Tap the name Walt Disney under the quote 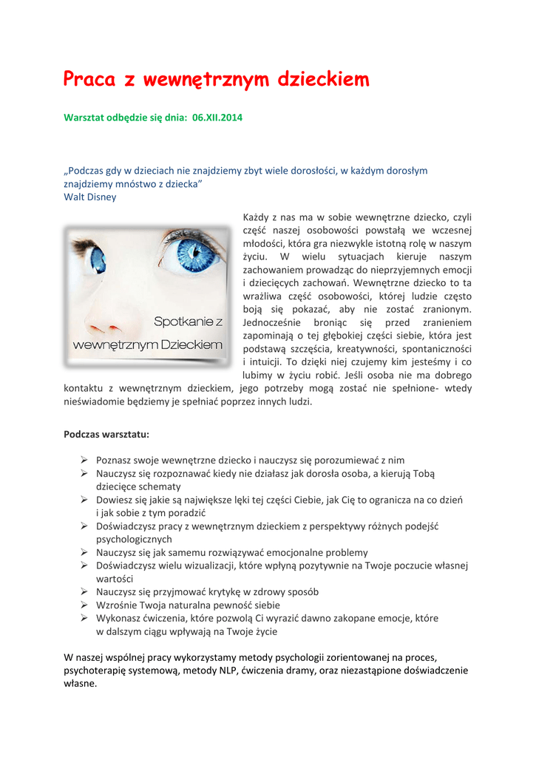[90, 197]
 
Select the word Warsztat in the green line [85, 118]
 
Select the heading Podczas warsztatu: [106, 435]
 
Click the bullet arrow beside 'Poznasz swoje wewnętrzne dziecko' [85, 460]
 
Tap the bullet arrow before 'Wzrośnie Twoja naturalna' [85, 605]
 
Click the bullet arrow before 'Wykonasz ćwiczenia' [85, 618]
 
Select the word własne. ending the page [81, 684]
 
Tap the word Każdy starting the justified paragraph [256, 217]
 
